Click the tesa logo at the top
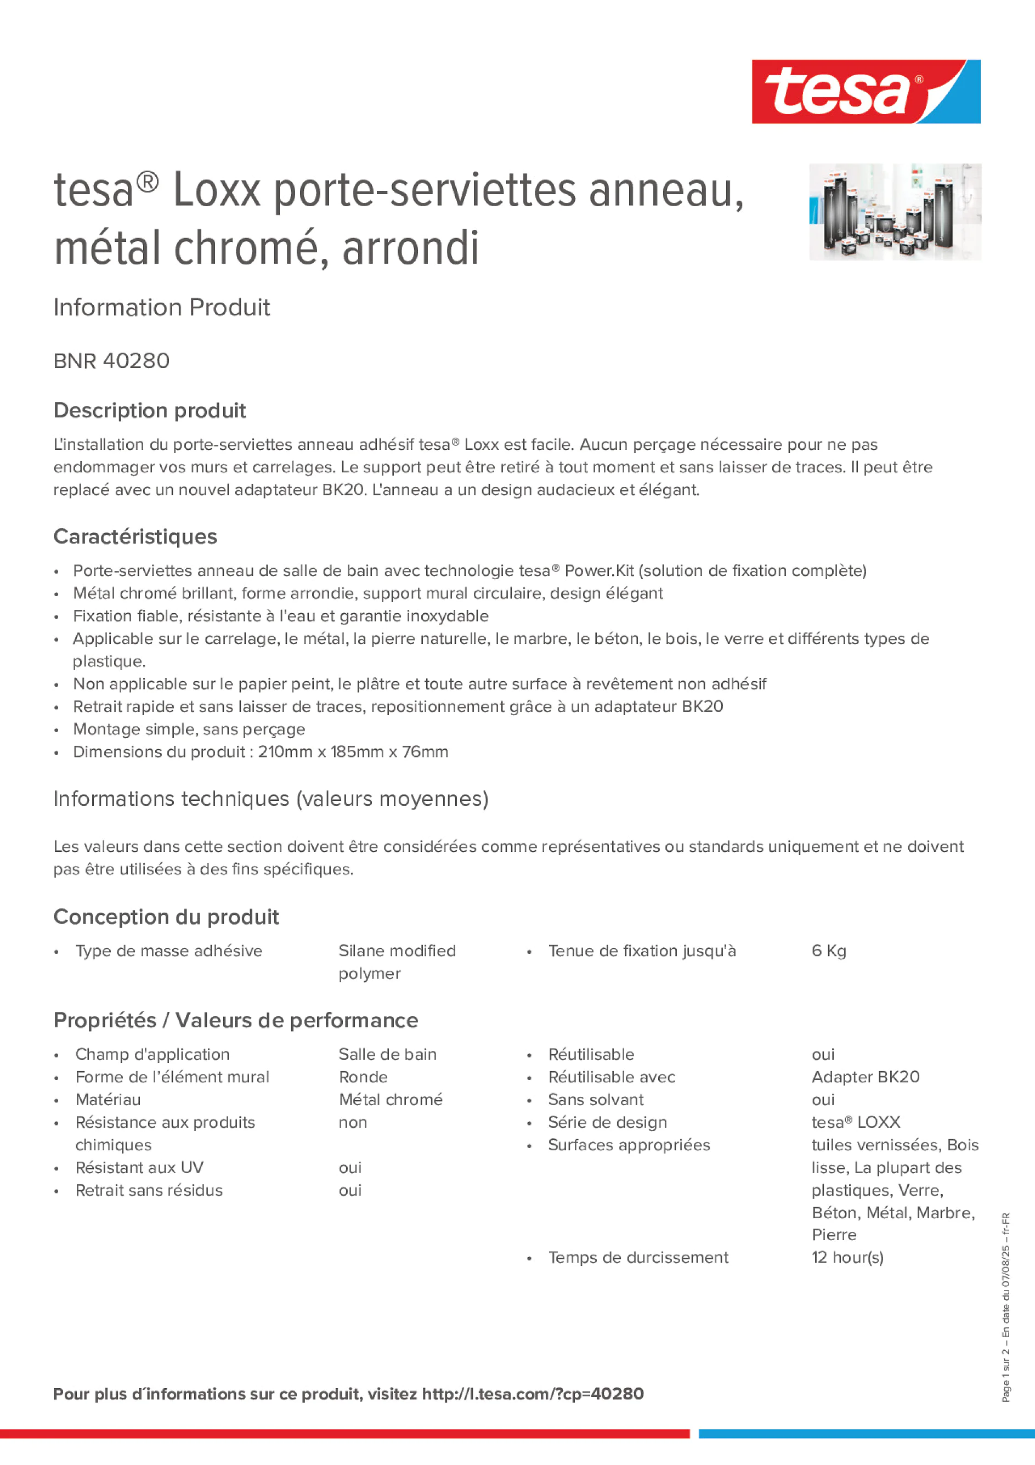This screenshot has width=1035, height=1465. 866,91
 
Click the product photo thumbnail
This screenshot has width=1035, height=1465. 895,212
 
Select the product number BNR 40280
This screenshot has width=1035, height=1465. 112,361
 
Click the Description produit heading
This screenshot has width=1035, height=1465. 149,410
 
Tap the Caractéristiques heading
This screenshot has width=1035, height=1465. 135,536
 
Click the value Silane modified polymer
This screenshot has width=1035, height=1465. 397,961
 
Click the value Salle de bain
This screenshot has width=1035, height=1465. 387,1054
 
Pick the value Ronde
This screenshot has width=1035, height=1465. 363,1077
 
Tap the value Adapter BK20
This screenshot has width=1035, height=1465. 866,1077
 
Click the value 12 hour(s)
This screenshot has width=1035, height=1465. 847,1257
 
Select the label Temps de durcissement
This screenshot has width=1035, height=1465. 638,1257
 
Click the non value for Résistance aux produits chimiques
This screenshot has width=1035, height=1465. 353,1122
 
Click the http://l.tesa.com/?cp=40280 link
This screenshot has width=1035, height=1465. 533,1394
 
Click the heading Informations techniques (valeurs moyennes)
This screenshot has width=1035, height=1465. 270,799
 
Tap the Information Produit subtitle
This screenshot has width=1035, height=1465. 161,308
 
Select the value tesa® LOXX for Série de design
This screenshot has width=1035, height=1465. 856,1122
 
